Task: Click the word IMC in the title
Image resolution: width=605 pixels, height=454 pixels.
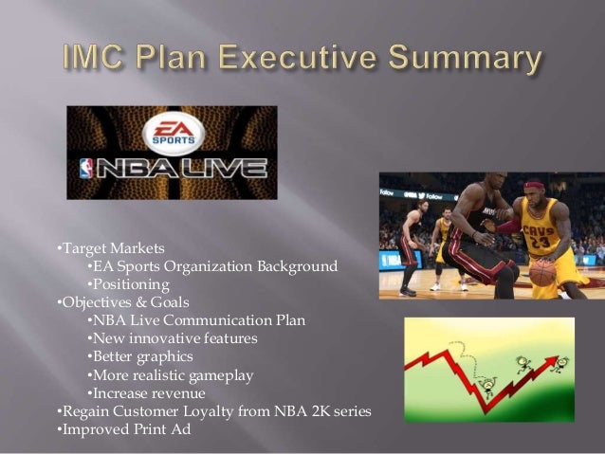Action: click(104, 59)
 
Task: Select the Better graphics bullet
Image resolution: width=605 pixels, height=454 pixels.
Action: click(142, 356)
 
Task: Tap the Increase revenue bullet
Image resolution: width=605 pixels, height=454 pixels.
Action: click(149, 393)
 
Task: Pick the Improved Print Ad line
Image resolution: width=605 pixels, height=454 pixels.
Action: click(125, 429)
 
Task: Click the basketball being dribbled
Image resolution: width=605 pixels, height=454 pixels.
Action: click(542, 272)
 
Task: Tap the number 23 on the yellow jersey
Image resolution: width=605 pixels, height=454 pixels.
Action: click(539, 241)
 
